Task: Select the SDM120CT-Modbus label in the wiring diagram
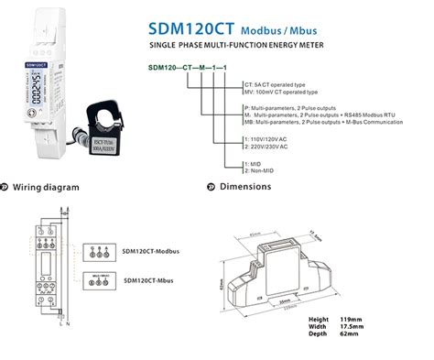click(151, 249)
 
